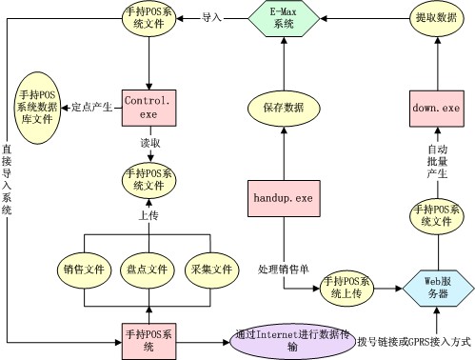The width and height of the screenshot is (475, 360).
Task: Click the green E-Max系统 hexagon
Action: click(284, 18)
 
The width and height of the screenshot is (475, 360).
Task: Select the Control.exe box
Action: click(149, 108)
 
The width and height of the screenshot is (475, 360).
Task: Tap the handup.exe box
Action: click(284, 198)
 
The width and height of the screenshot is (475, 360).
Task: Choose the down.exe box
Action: click(437, 109)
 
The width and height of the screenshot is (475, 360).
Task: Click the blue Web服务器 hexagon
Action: click(438, 289)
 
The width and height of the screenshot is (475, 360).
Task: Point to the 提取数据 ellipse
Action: click(437, 18)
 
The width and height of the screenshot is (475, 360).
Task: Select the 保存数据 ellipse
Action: click(284, 108)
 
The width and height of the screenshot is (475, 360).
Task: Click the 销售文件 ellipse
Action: click(84, 270)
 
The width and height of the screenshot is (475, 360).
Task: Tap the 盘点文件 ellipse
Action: click(148, 270)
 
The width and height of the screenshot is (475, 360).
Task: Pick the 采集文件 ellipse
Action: click(211, 270)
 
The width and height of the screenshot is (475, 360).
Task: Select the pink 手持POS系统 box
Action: click(149, 342)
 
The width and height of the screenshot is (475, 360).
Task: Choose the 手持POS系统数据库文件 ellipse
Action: click(37, 108)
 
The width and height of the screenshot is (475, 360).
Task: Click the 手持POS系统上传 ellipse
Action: click(346, 289)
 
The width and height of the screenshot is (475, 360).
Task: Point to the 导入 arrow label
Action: click(211, 18)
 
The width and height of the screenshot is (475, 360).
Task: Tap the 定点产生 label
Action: click(91, 108)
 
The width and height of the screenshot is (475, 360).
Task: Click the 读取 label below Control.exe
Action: click(150, 143)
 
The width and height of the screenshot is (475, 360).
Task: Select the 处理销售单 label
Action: click(283, 270)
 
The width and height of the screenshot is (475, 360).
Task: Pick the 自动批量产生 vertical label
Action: click(438, 162)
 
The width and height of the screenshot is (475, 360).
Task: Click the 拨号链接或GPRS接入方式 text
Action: click(414, 342)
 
